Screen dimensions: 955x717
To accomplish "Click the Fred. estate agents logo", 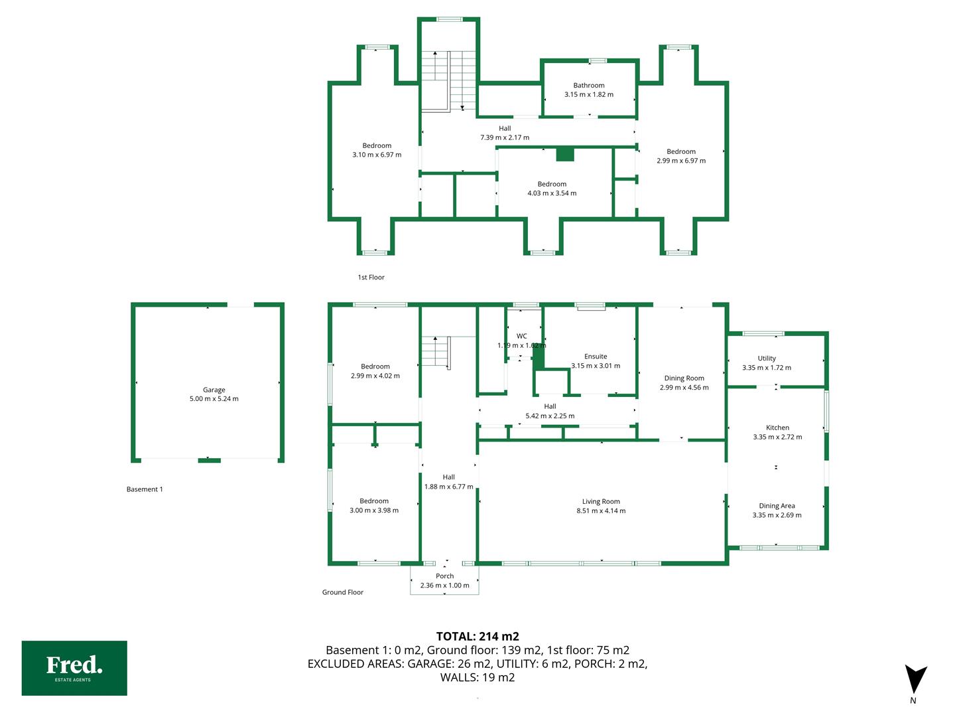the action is click(74, 668).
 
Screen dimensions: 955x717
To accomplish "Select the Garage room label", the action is click(214, 390).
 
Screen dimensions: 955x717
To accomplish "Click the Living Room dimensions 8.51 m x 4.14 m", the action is click(601, 511).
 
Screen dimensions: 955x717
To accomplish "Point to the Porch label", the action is click(444, 576).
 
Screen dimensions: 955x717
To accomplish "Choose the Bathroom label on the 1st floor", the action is click(589, 86).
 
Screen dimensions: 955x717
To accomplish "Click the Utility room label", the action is click(767, 358).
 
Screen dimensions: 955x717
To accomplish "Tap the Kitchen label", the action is click(777, 428).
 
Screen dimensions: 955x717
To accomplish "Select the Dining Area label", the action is click(777, 505).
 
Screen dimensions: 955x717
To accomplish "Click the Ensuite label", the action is click(596, 356).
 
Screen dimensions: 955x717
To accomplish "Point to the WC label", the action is click(522, 336).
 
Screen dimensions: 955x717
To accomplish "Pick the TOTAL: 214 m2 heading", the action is click(477, 637).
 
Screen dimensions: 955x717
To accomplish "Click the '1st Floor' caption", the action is click(371, 278).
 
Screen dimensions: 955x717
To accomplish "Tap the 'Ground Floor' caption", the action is click(343, 592).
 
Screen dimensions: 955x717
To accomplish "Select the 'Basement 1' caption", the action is click(145, 489).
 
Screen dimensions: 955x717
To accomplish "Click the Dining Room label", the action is click(684, 378).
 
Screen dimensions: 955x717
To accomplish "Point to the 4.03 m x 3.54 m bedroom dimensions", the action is click(552, 193).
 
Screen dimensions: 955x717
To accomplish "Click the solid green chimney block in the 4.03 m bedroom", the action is click(565, 155).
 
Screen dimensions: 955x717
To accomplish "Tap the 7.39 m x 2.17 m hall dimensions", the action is click(505, 137).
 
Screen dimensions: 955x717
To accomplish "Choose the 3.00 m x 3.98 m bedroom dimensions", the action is click(374, 511).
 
